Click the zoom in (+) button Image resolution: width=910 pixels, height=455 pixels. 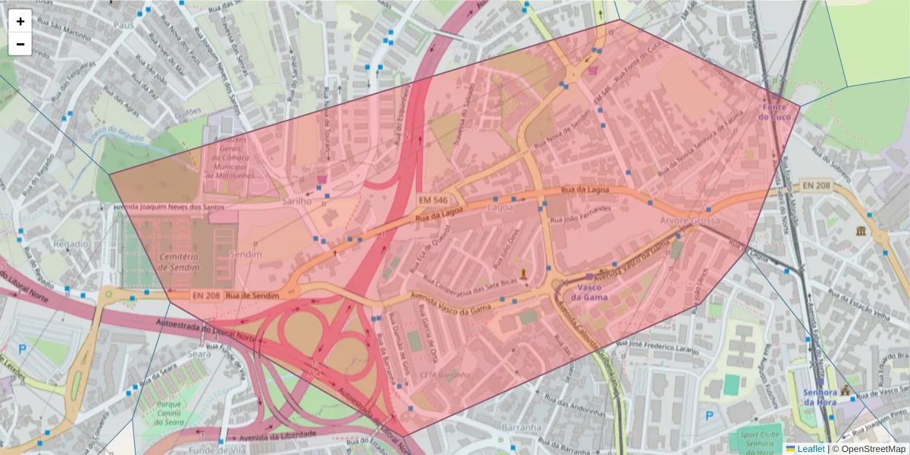(20, 21)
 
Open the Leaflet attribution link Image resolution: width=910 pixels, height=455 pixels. (810, 448)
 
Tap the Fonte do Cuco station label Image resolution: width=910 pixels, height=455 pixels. (775, 112)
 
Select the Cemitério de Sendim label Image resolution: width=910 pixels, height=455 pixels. (179, 262)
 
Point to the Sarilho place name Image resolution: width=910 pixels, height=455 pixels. (297, 202)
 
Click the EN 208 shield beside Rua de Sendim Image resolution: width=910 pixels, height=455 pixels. (204, 294)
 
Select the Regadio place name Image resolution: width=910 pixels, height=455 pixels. (71, 244)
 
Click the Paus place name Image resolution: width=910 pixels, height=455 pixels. (123, 25)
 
